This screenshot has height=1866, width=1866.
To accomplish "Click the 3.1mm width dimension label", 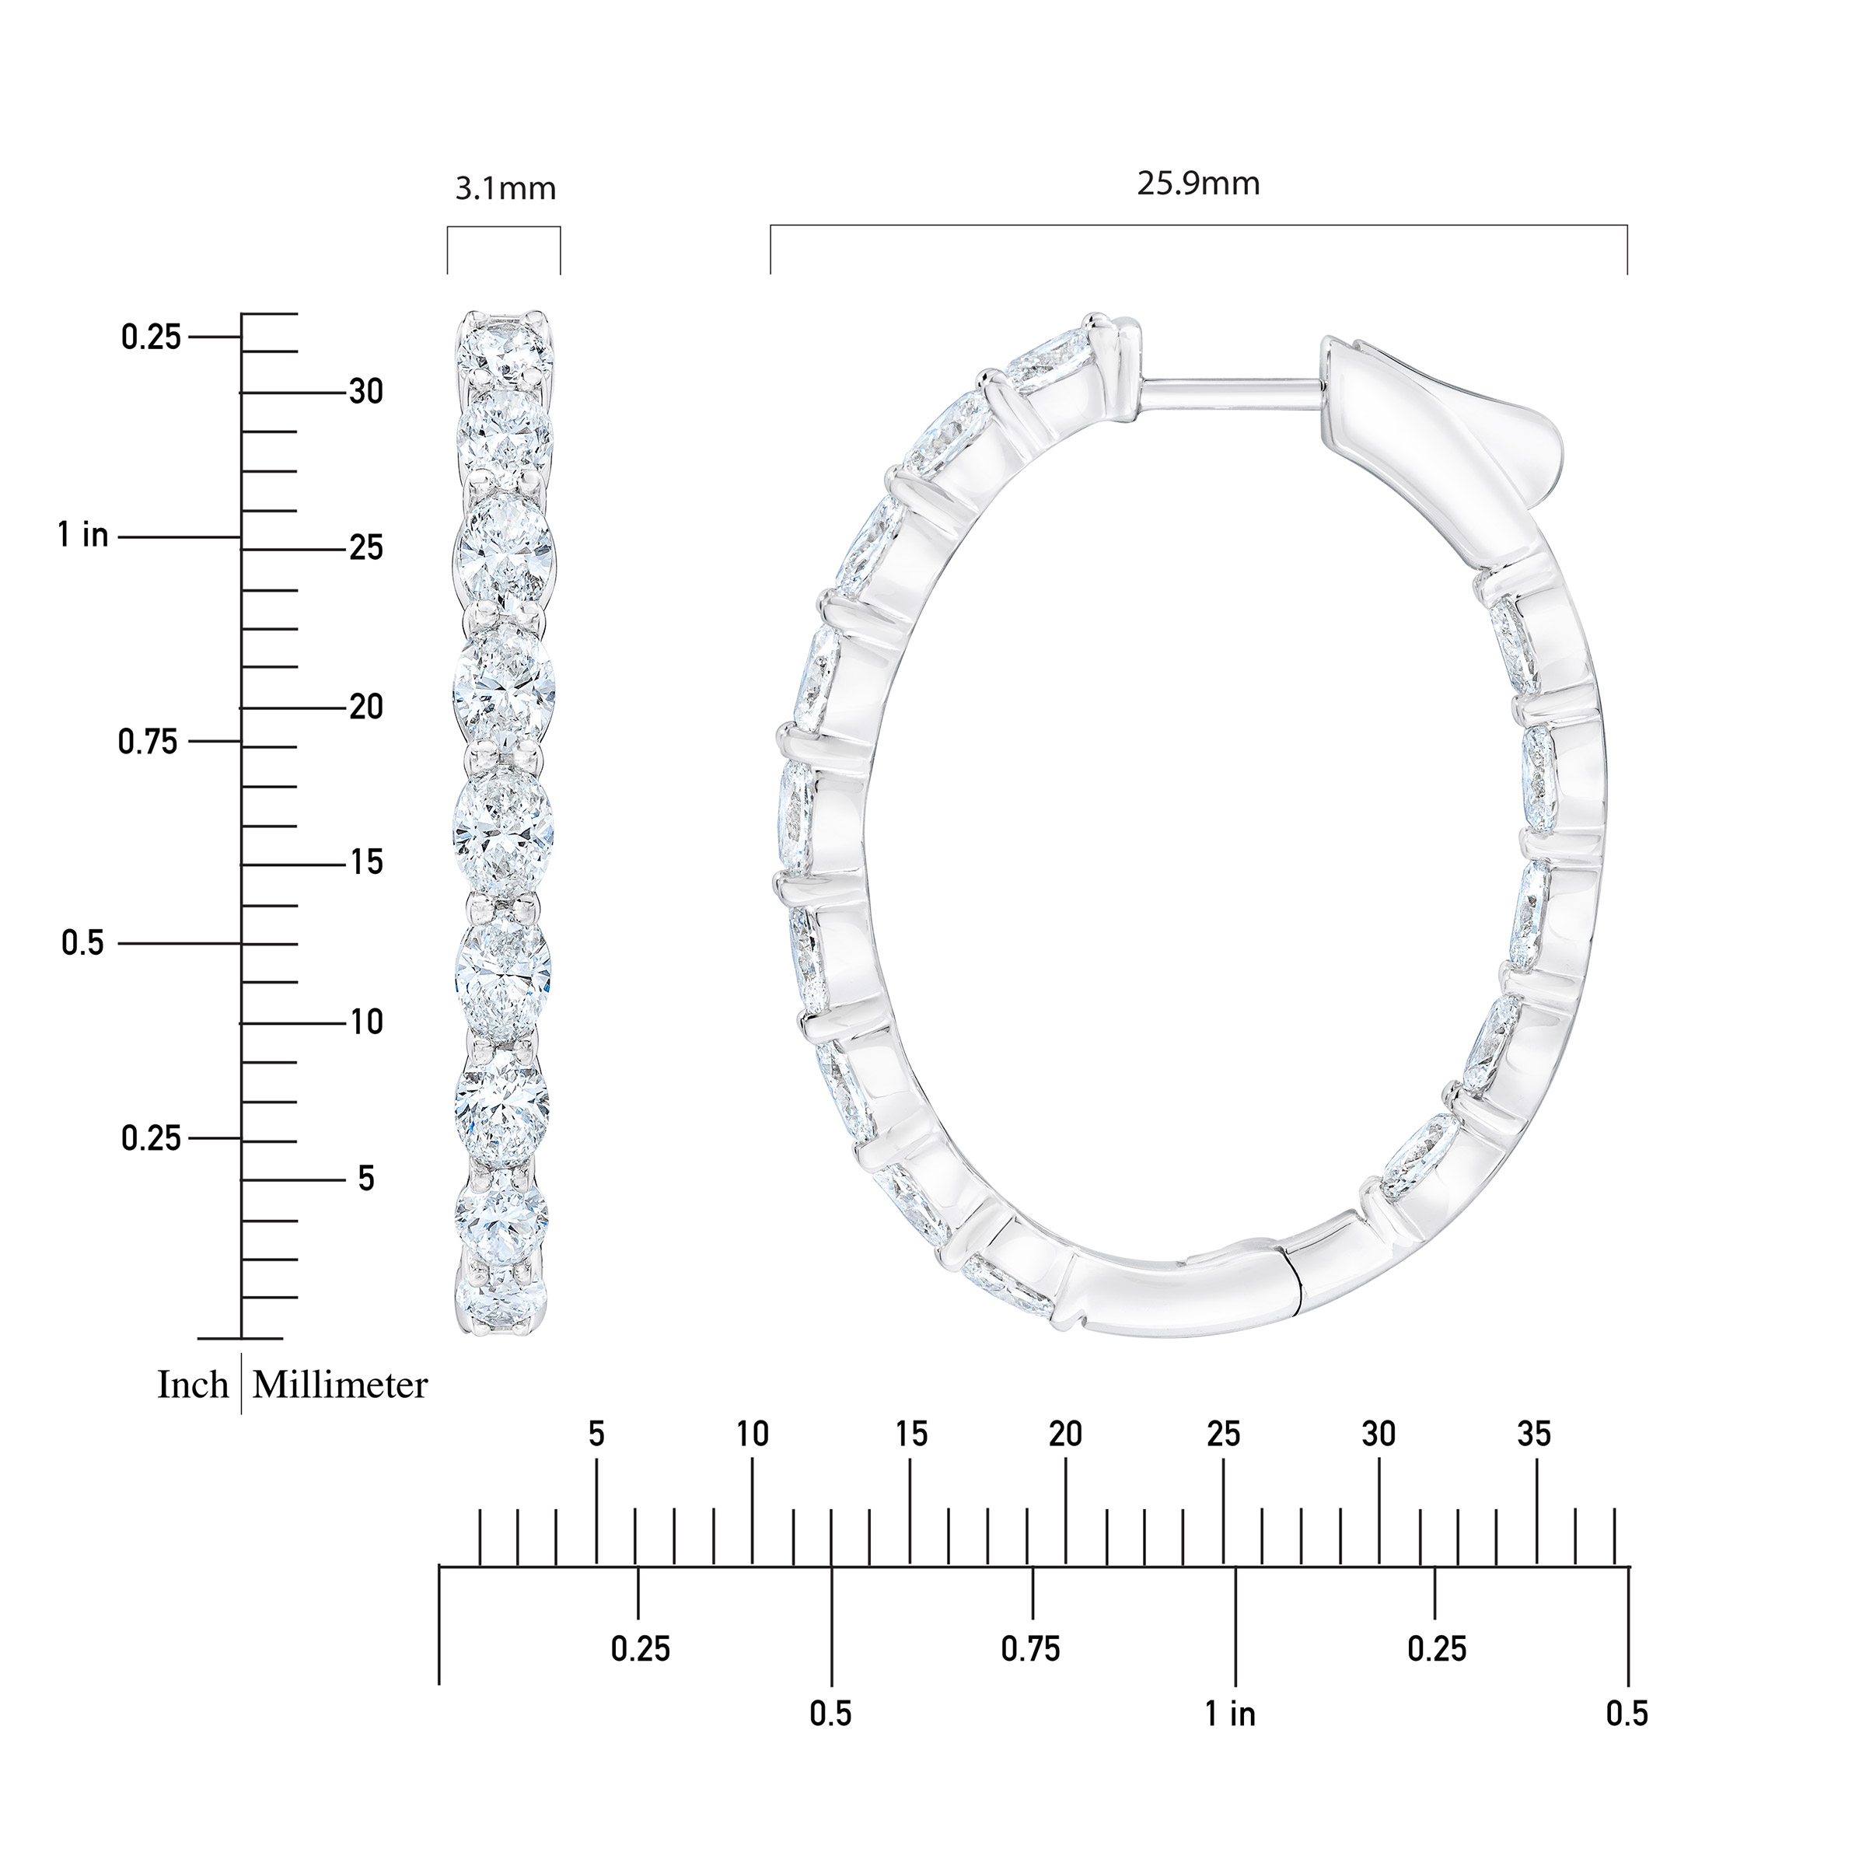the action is pos(505,188).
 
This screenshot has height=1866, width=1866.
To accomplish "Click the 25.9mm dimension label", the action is pos(1197,183).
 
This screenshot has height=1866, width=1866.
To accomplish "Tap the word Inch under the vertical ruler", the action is pos(193,1386).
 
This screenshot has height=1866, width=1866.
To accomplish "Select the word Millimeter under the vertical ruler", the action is pos(340,1386).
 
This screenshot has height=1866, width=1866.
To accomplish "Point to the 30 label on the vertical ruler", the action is pos(366,392).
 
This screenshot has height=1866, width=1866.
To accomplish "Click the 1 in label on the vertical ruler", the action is pos(83,535).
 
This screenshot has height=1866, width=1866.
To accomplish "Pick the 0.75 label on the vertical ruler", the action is pos(148,742).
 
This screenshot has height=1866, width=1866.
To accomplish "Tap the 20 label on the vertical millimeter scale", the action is pos(366,707).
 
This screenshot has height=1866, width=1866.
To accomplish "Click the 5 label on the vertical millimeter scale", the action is pos(366,1179).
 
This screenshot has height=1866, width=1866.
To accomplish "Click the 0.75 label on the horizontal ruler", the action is pos(1030,1648).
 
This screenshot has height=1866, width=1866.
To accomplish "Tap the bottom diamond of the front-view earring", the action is pos(503,1299).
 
